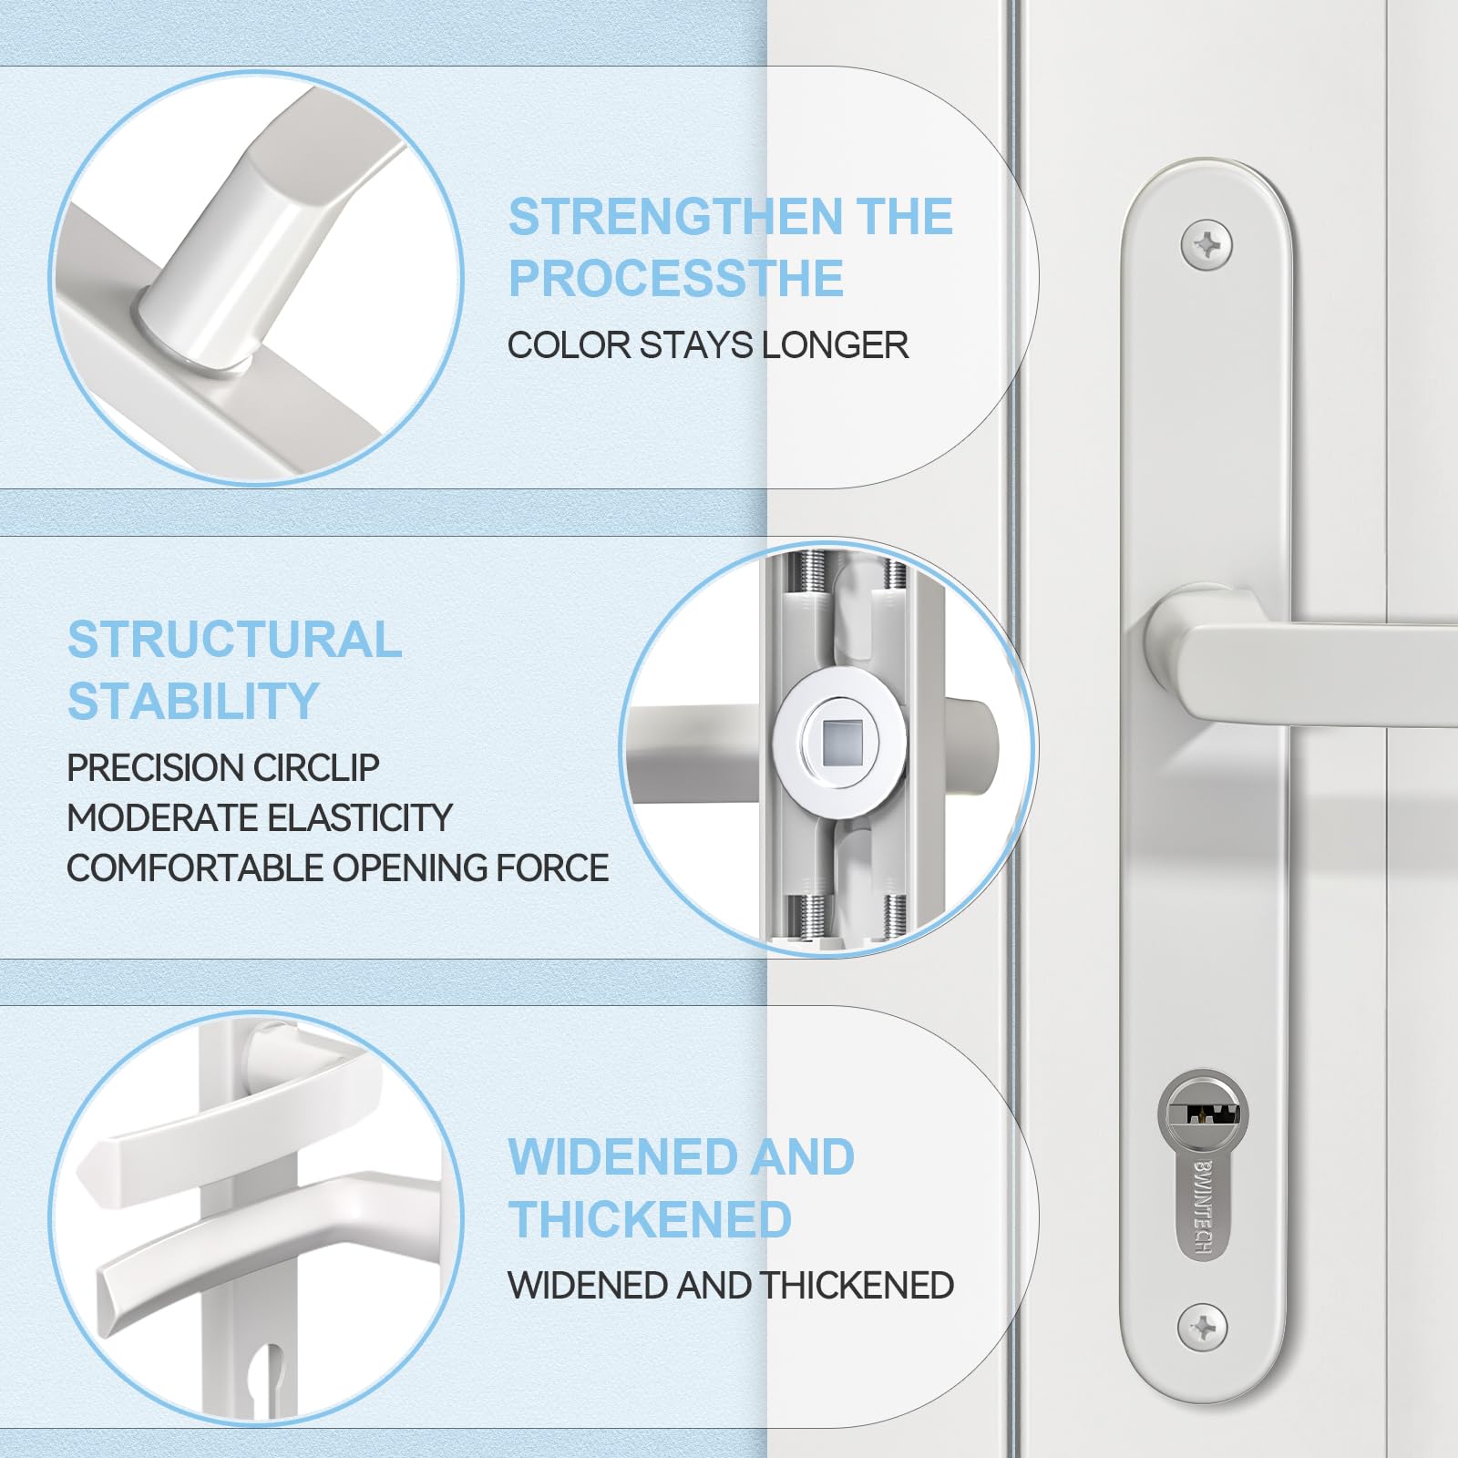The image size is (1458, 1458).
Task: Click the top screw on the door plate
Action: pos(1206,245)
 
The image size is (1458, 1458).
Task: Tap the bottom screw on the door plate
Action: pos(1203,1327)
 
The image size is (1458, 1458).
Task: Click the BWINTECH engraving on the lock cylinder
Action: pos(1203,1208)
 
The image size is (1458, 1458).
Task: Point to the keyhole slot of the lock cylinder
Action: pos(1204,1113)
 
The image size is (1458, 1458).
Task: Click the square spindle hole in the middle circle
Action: pos(837,743)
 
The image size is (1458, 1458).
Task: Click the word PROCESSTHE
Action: pos(676,278)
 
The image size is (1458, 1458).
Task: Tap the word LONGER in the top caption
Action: pos(835,345)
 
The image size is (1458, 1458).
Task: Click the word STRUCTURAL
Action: pos(235,640)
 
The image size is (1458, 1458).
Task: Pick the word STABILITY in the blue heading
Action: pos(193,702)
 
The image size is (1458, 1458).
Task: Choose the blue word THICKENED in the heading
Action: pos(650,1219)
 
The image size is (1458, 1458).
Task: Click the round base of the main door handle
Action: pos(1185,642)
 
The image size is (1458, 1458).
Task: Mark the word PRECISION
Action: pos(156,767)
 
